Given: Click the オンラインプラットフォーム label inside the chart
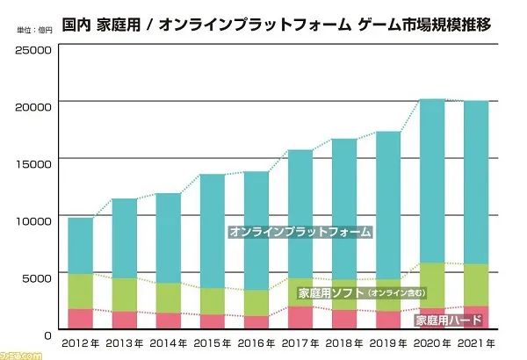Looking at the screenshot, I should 300,233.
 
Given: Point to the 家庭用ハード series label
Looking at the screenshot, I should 447,320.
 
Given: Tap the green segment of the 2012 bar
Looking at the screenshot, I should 80,291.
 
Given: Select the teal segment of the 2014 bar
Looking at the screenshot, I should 168,237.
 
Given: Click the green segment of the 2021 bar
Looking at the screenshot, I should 475,284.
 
